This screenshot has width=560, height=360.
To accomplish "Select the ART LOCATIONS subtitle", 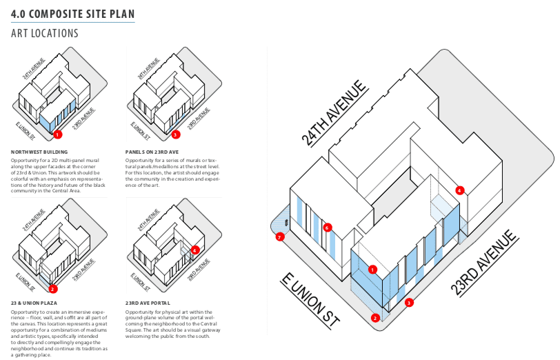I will coord(45,33).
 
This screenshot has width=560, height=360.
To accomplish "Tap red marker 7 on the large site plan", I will coord(279,237).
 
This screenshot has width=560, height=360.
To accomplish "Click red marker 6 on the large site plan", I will coord(328,227).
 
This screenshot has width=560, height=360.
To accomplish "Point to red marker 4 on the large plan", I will coord(459,190).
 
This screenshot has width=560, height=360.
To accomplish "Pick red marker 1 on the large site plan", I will coord(372,270).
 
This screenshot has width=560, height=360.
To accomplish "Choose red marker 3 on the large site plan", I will coord(409,302).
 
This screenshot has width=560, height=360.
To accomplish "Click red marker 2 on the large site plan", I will coord(375,318).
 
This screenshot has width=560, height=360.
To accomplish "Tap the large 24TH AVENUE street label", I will coord(332,114).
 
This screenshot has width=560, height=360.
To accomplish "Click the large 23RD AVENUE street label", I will coord(485,263).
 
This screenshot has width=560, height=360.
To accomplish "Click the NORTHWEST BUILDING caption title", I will coord(39,152).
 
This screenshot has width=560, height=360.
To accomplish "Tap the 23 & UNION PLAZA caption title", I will coord(34,302).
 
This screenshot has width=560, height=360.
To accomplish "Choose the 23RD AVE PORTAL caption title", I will coord(149,302).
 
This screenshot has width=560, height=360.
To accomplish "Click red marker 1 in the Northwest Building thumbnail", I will coord(58,134).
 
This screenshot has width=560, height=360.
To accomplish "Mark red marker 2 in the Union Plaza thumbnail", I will coord(53,289).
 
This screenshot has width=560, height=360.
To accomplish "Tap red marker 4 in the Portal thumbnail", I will coord(195,250).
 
